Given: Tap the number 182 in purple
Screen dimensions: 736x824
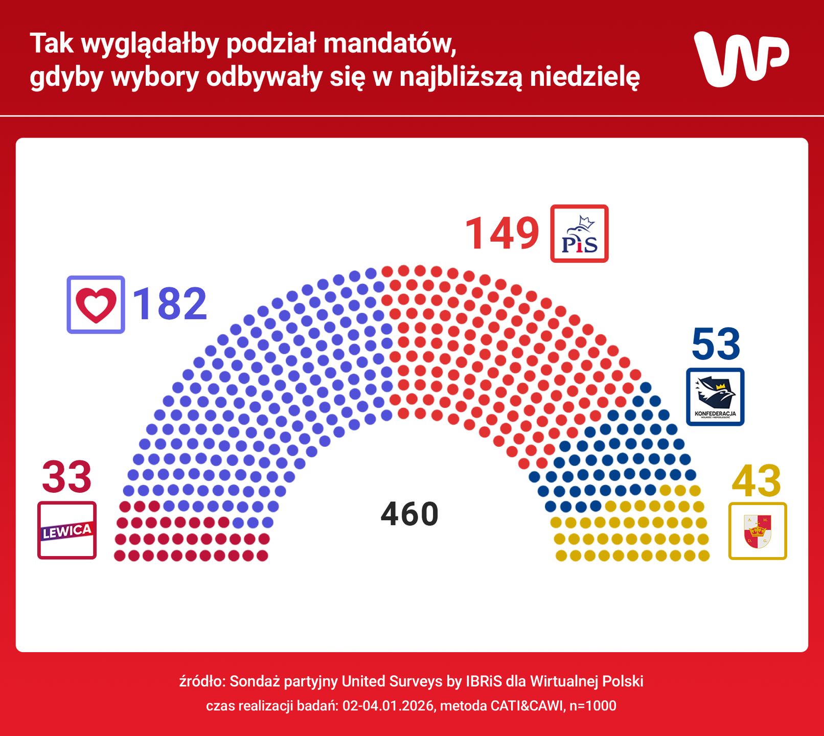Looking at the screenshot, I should [170, 304].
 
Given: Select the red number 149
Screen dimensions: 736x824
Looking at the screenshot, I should [502, 234].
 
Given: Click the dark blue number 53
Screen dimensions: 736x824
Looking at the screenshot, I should [716, 344].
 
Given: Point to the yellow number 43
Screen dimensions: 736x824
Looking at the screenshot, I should [756, 481].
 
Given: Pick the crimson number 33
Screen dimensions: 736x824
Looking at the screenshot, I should [66, 477].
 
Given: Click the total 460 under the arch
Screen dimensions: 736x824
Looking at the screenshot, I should [409, 514].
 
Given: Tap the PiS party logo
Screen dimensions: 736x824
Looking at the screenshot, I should [579, 234].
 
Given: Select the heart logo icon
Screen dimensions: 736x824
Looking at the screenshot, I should [96, 305].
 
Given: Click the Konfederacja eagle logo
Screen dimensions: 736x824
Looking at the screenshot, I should [715, 397].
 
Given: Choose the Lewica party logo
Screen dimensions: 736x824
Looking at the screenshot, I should [67, 531].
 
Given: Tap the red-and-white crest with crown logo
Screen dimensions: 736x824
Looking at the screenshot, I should [758, 531].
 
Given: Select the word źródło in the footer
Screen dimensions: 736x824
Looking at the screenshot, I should [201, 681].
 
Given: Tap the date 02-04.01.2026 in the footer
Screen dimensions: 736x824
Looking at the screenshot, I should [388, 706].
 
